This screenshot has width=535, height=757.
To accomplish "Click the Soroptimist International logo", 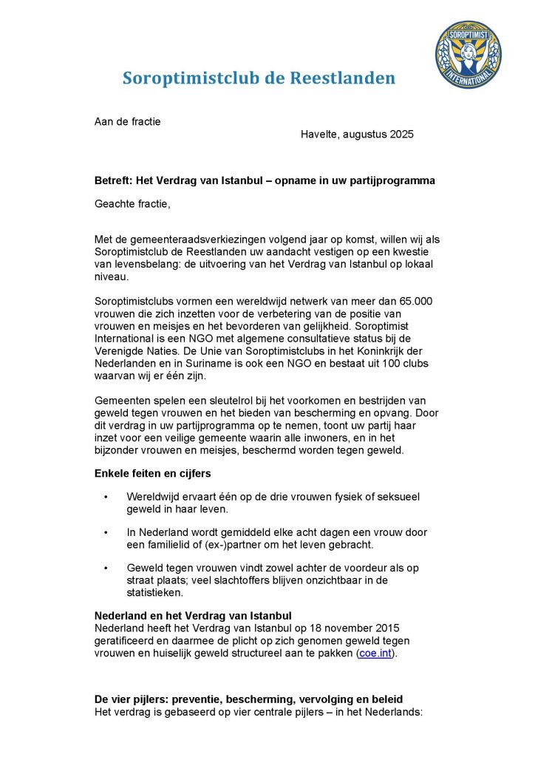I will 468,55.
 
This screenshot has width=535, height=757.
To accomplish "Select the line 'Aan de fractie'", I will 127,121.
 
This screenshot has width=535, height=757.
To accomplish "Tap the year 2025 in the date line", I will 401,135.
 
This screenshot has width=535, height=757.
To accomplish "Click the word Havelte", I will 319,135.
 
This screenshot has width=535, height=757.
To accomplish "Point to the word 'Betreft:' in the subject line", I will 112,180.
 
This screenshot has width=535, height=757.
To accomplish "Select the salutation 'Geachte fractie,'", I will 132,203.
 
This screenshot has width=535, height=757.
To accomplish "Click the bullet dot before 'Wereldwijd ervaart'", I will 106,497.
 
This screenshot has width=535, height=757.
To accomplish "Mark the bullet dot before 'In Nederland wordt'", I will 106,532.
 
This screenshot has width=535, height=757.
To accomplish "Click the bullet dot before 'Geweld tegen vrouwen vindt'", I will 106,568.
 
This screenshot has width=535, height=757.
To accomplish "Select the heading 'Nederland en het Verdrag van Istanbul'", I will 193,616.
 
